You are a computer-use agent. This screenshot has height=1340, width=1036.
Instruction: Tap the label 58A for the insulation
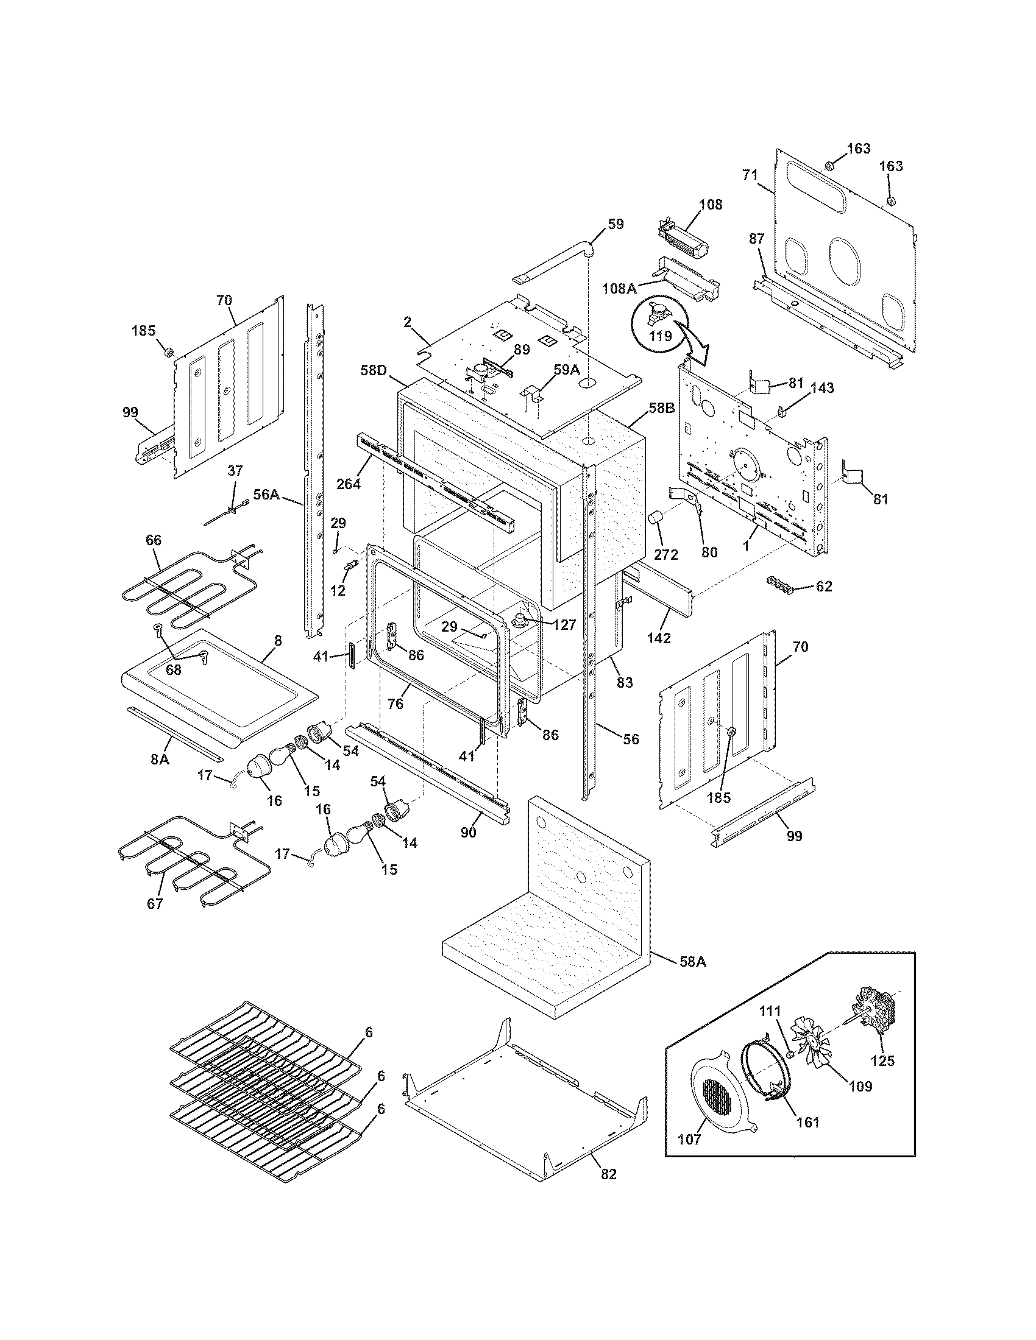pos(693,961)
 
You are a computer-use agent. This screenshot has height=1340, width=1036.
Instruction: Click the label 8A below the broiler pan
pos(160,760)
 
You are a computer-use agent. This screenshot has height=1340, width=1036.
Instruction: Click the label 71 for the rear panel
pos(750,174)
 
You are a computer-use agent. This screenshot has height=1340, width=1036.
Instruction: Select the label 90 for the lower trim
pos(468,833)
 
